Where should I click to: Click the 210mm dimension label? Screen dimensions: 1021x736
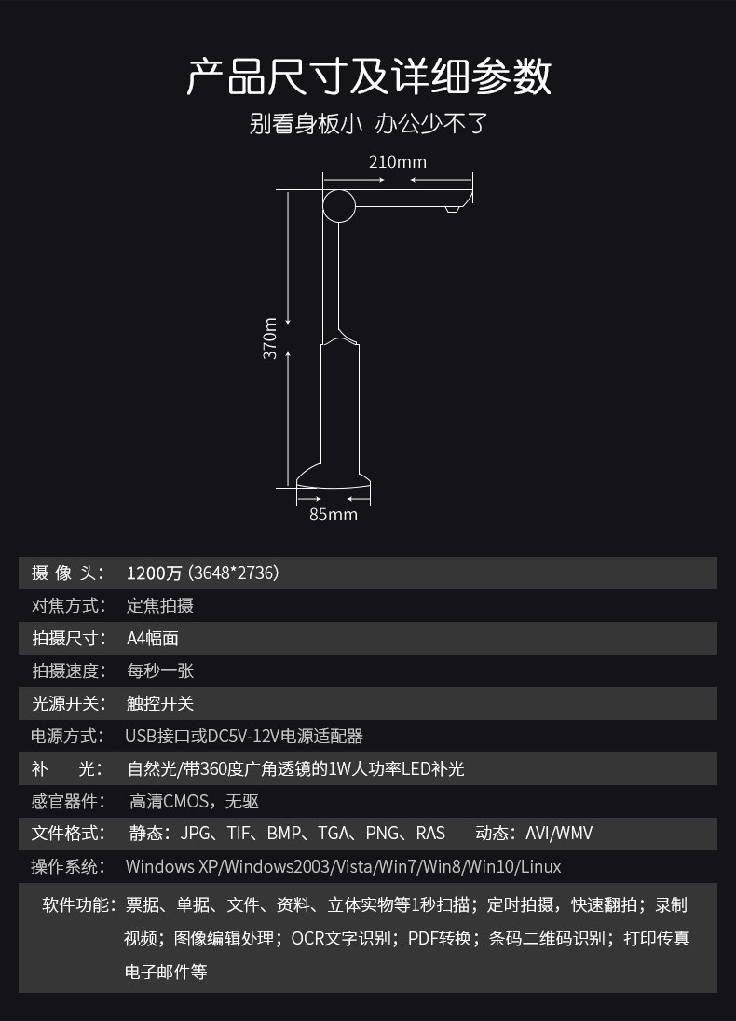point(397,161)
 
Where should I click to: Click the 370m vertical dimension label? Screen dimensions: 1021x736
point(270,338)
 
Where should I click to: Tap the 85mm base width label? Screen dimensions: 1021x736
point(334,514)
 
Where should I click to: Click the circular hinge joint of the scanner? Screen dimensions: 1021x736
point(339,205)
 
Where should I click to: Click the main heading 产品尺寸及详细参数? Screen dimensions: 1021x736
point(369,76)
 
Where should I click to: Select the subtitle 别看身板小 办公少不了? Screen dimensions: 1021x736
point(369,123)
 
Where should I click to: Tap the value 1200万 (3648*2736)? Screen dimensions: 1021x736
point(203,573)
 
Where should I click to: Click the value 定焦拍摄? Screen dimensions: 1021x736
point(160,605)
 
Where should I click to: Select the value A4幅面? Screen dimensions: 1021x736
point(153,638)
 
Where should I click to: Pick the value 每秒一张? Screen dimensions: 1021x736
point(160,670)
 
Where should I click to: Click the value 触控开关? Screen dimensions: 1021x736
point(160,703)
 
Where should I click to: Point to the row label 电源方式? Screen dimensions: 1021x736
point(67,736)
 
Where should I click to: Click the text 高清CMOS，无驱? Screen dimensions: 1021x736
point(194,801)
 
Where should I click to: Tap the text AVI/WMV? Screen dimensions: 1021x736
point(559,833)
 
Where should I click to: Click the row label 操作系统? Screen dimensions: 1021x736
point(67,866)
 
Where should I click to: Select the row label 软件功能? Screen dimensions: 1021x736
point(78,904)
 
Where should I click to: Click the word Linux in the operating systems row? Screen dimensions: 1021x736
point(540,866)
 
